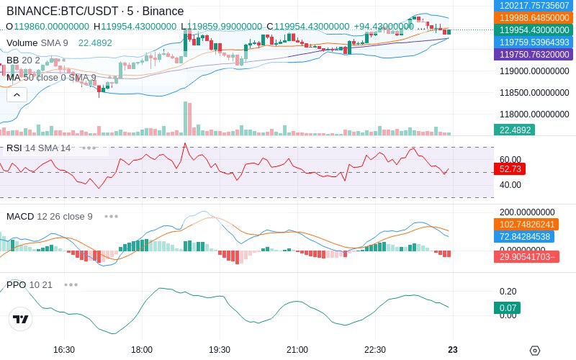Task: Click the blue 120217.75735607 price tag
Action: coord(534,5)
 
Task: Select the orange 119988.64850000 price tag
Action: coord(534,17)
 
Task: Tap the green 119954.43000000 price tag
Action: coord(534,30)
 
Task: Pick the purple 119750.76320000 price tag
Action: coord(534,55)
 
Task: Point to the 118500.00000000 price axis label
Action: coord(534,93)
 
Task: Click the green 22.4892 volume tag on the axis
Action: coord(514,130)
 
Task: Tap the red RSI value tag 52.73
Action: coord(510,169)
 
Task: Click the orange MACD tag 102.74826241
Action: coord(526,225)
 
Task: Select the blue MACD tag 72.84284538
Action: coord(524,237)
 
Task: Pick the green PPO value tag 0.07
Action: coord(508,308)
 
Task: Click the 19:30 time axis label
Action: coord(220,350)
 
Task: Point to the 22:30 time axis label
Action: coord(375,350)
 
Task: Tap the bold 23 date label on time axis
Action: coord(453,350)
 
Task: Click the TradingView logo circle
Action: coord(21,319)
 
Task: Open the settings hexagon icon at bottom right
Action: coord(535,351)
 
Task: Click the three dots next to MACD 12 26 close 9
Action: coord(111,217)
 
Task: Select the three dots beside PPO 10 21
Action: coord(71,284)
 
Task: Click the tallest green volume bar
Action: coord(185,119)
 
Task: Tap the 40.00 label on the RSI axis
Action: coord(510,185)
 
